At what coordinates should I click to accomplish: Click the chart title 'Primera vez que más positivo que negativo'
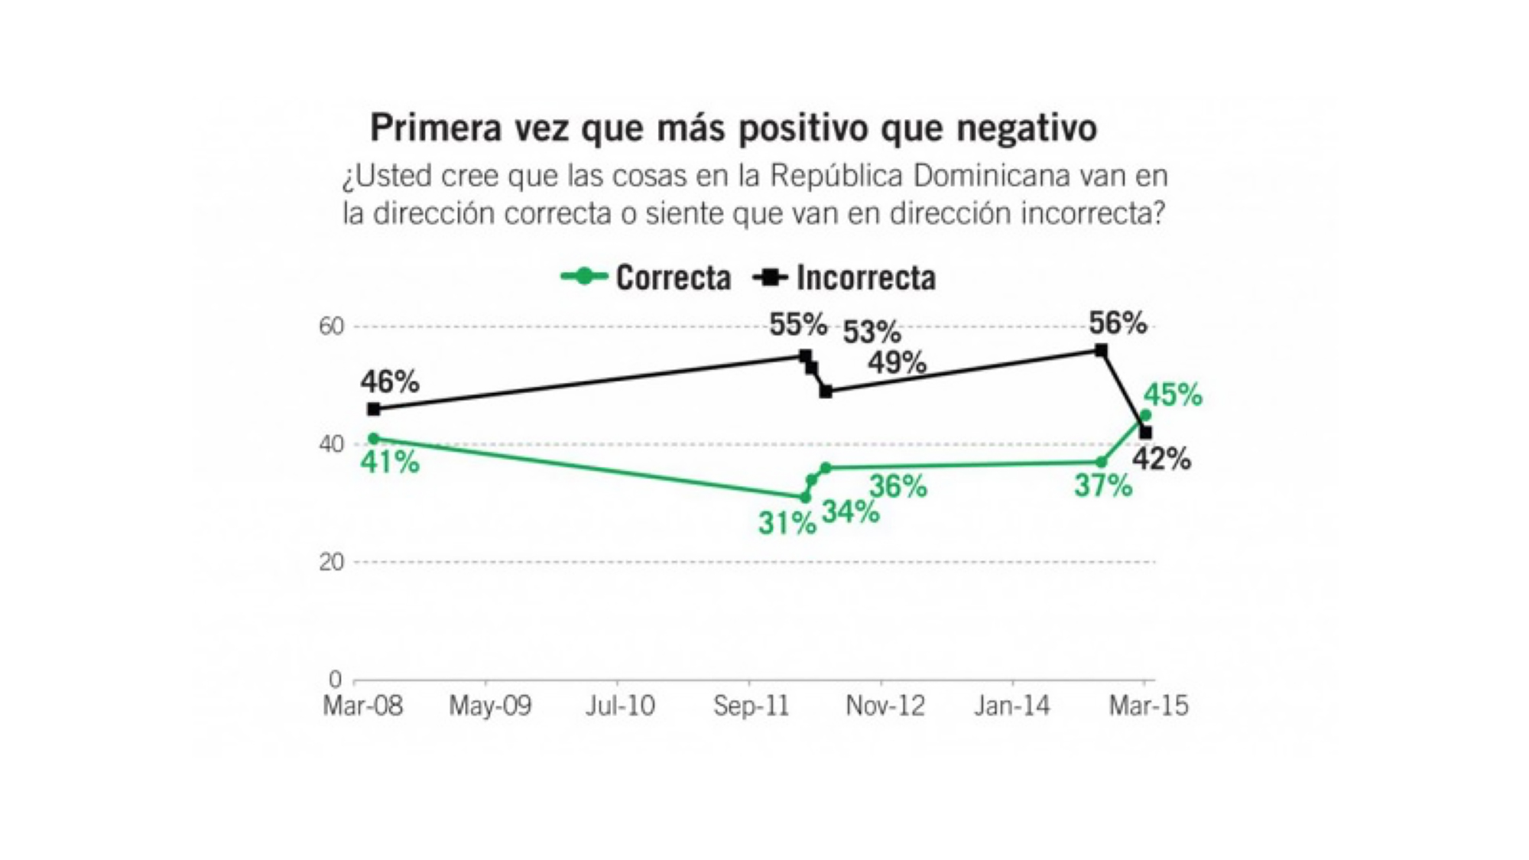(x=733, y=128)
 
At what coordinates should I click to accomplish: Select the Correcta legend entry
(x=646, y=277)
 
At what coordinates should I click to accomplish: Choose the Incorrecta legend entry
(x=845, y=277)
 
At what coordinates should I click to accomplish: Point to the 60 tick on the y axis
(x=332, y=326)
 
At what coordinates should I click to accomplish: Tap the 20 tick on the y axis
(x=332, y=562)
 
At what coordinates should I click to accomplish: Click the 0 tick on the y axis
(x=336, y=679)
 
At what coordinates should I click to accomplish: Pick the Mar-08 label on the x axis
(x=362, y=706)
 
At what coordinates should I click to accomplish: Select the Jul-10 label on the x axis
(x=620, y=706)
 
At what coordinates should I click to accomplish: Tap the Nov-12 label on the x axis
(x=885, y=706)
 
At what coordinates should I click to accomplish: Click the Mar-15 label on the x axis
(x=1148, y=706)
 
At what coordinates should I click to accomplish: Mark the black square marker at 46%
(x=373, y=409)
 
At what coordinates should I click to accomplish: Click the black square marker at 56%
(x=1101, y=350)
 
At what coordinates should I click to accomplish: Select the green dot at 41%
(x=373, y=438)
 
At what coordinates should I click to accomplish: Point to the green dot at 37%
(x=1101, y=462)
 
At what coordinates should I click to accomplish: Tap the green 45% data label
(x=1173, y=395)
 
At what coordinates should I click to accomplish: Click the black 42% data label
(x=1161, y=459)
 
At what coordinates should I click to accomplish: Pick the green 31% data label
(x=787, y=524)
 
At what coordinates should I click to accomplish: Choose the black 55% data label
(x=798, y=325)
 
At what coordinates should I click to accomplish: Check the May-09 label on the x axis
(x=490, y=706)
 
